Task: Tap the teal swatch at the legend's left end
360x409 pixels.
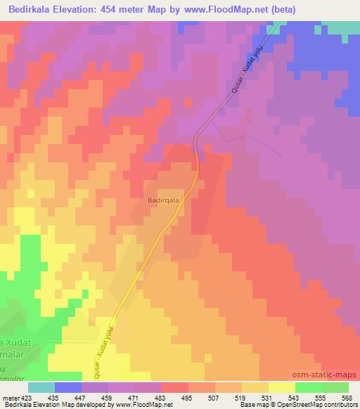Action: click(x=41, y=387)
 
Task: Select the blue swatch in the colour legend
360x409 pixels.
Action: click(x=67, y=387)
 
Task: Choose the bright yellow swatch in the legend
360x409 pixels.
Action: click(x=281, y=387)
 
